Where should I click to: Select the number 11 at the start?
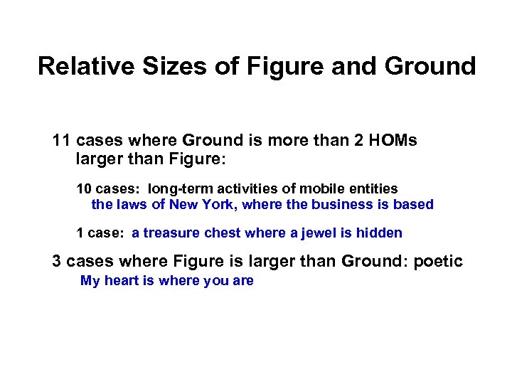tap(62, 140)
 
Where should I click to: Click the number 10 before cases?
tap(83, 188)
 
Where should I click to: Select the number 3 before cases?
tap(57, 261)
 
